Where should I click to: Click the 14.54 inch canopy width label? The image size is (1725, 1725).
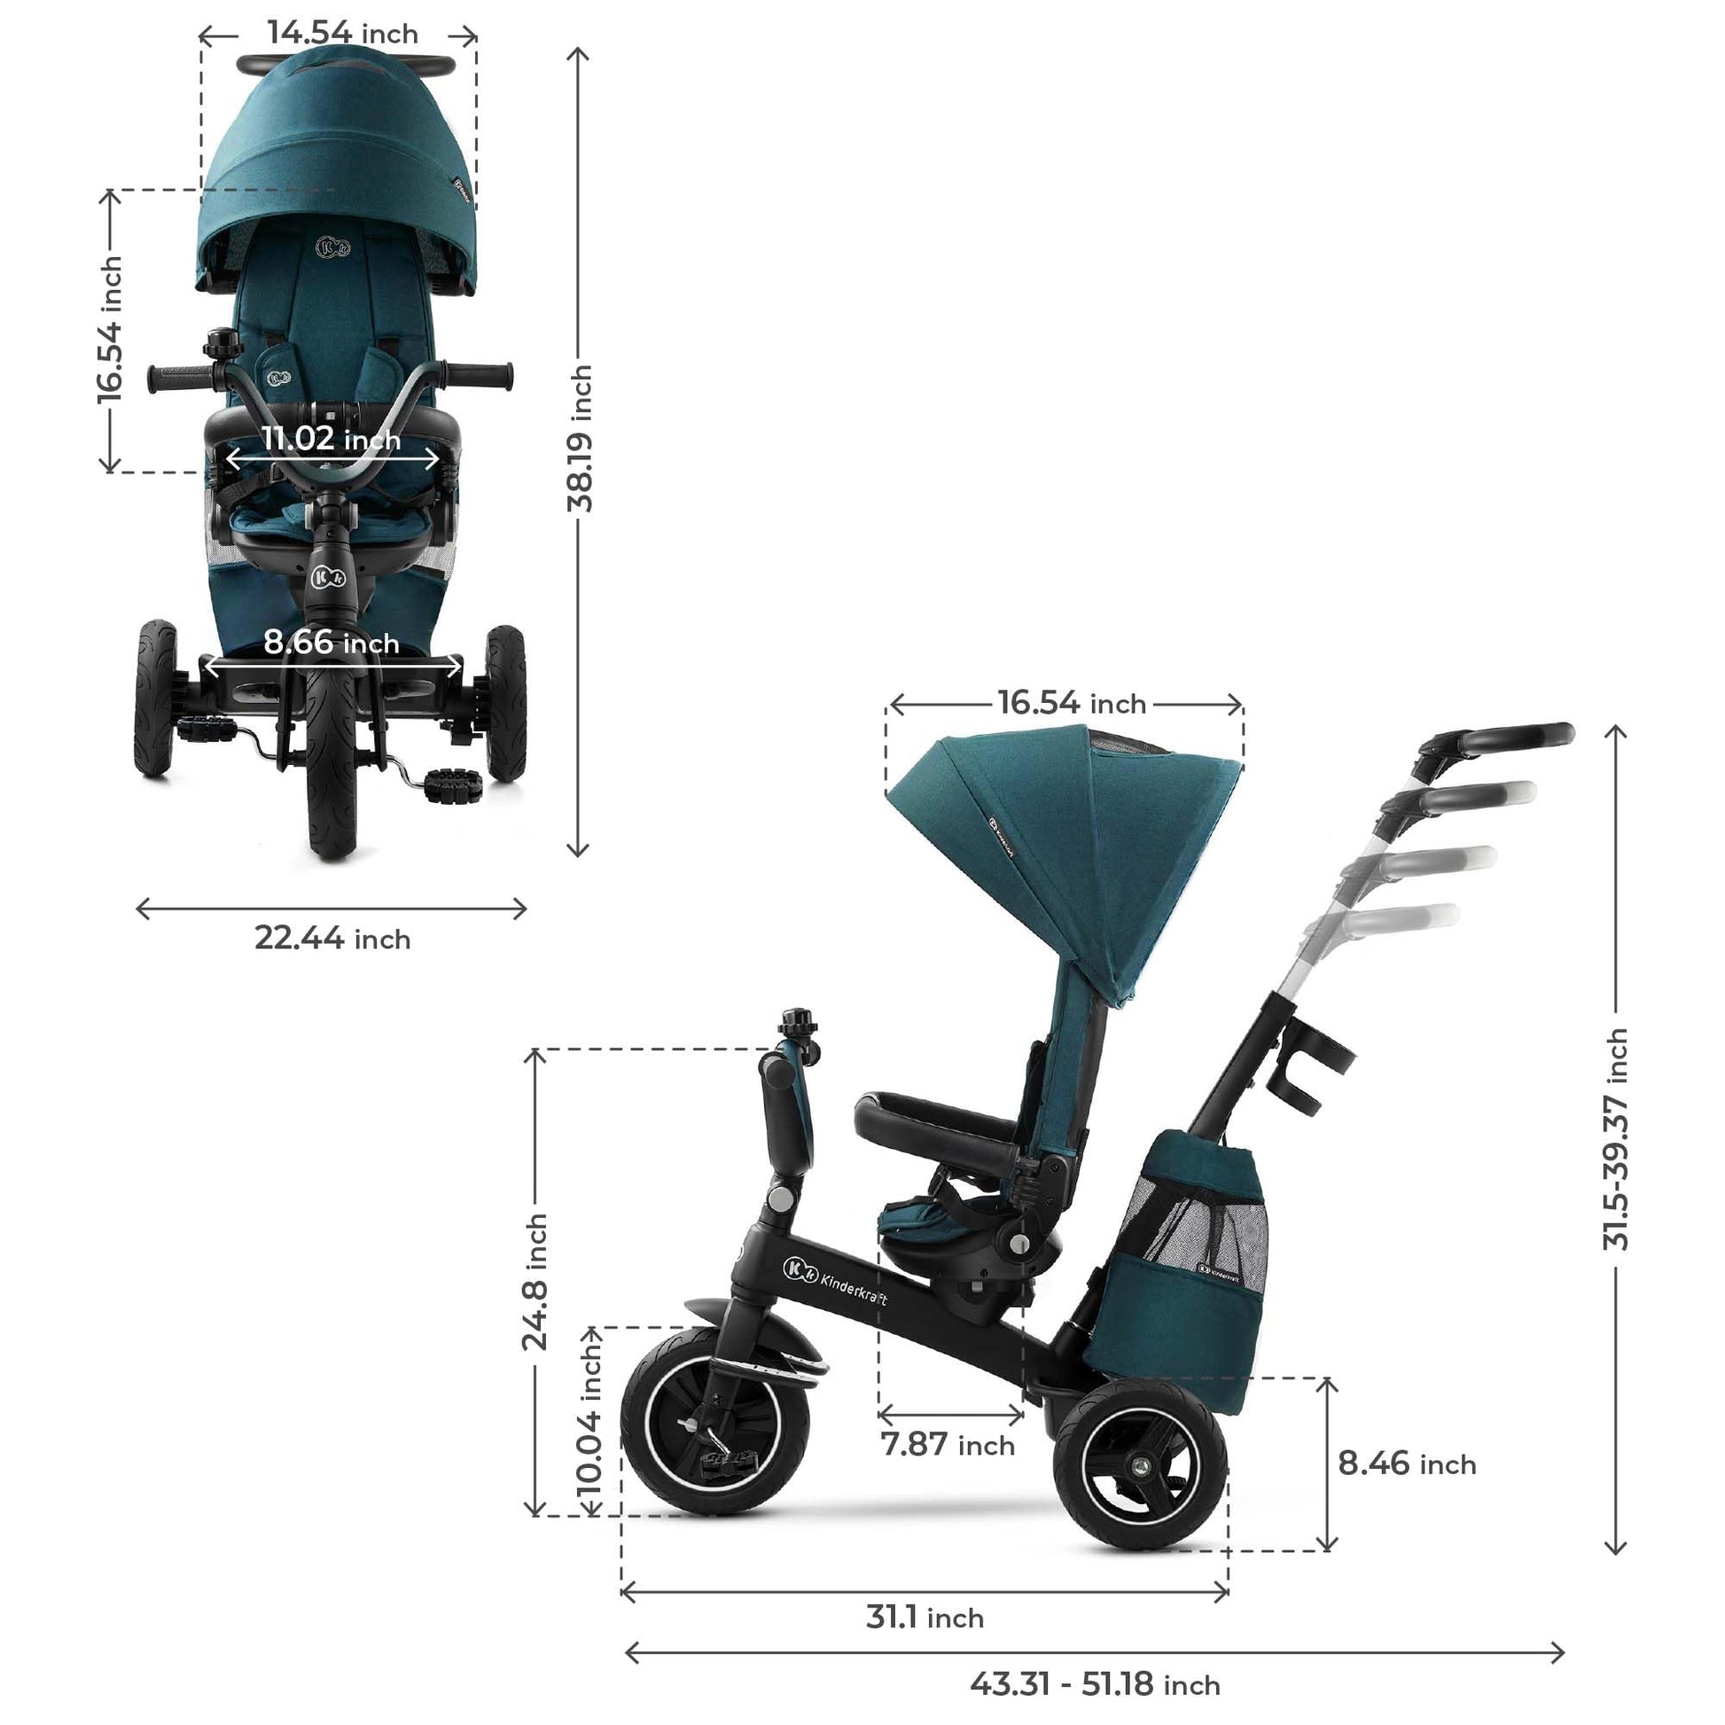[x=343, y=33]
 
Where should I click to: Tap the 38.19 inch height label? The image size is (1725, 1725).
[x=581, y=438]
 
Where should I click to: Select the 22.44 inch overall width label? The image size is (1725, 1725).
[x=332, y=939]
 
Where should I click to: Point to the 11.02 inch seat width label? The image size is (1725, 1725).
[x=332, y=439]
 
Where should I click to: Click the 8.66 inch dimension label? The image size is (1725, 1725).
[x=332, y=642]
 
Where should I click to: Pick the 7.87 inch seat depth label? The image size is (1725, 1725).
[x=948, y=1444]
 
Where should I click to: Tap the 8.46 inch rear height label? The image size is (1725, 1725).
[x=1406, y=1464]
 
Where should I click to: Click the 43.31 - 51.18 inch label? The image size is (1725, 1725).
[x=1095, y=1685]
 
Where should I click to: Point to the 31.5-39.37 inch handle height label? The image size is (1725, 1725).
[x=1615, y=1139]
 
